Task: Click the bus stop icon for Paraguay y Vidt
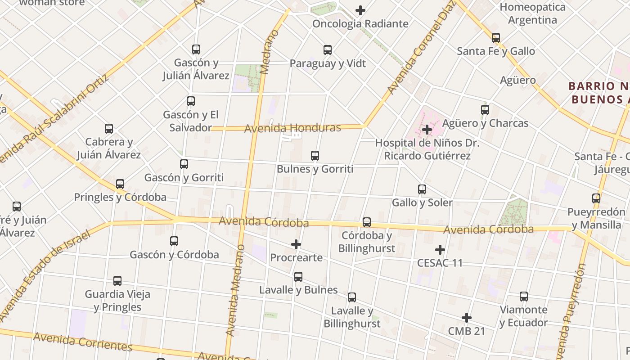click(x=328, y=50)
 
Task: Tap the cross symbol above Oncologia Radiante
click(x=360, y=10)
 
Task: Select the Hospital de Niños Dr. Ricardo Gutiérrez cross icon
click(x=427, y=130)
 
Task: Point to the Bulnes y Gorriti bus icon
click(x=315, y=156)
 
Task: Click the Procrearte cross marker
click(x=296, y=244)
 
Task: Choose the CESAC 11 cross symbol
click(x=440, y=249)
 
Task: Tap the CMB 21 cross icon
click(x=467, y=318)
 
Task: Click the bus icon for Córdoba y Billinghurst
click(x=367, y=222)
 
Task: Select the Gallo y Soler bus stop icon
click(x=422, y=189)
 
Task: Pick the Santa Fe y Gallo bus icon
click(x=496, y=38)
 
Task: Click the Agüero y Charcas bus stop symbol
click(x=485, y=110)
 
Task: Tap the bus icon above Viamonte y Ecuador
click(x=524, y=297)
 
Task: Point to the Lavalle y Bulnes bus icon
click(x=298, y=277)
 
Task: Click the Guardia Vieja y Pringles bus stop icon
click(x=117, y=281)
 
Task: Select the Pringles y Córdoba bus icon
click(x=120, y=184)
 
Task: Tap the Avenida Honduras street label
click(x=292, y=128)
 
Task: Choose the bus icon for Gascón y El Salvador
click(x=191, y=101)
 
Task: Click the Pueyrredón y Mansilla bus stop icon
click(x=596, y=198)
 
